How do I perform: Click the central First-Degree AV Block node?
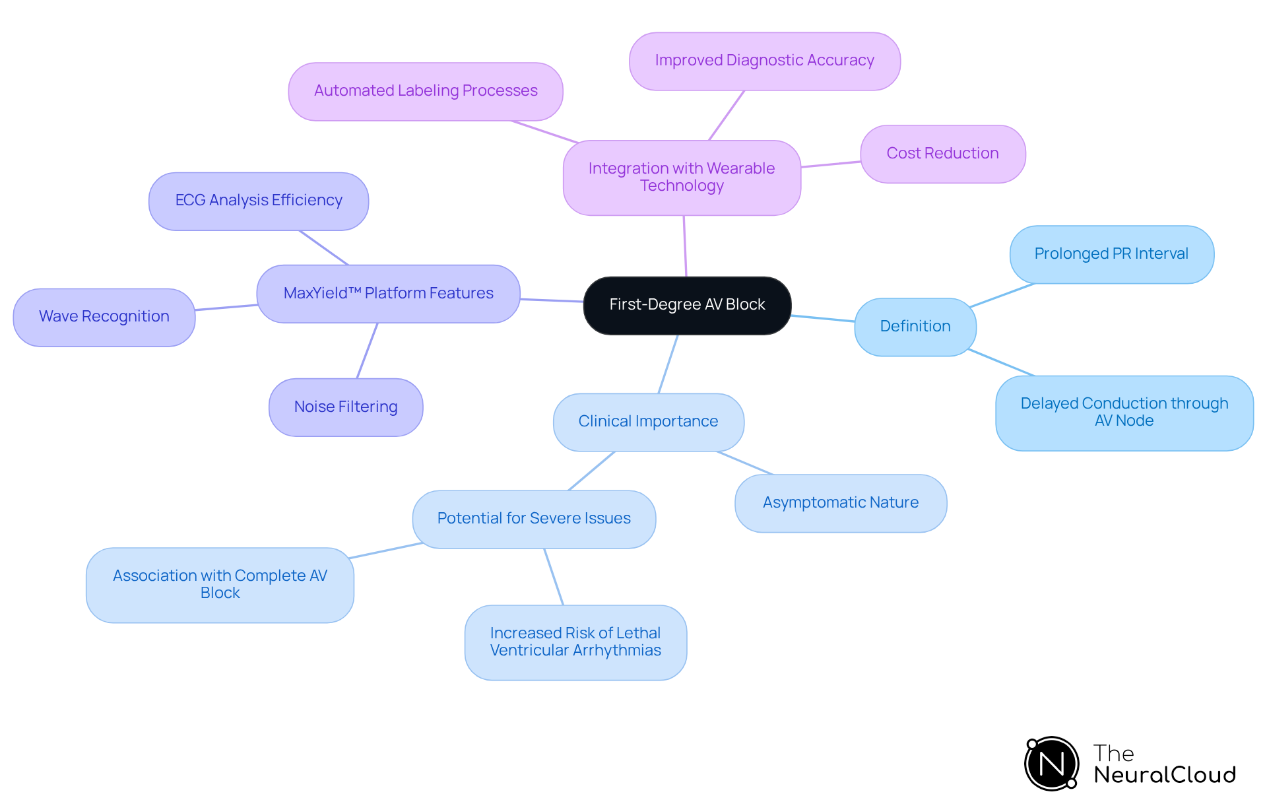687,305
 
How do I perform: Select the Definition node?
915,327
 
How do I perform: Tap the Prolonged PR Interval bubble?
1111,254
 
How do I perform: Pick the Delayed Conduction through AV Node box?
1124,413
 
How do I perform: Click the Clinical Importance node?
648,422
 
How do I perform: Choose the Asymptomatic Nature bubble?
840,503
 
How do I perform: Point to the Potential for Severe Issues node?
533,519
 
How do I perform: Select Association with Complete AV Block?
220,585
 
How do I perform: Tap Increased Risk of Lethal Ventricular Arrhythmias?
575,642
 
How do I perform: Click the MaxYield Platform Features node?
388,294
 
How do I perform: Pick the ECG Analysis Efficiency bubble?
258,201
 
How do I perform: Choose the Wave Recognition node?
104,317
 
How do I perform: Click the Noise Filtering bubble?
345,407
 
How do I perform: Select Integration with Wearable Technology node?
682,178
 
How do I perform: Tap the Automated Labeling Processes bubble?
425,91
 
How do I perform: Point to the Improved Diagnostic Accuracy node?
764,61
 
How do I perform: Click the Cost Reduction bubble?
942,154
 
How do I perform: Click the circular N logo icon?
1051,764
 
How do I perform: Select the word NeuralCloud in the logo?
1164,775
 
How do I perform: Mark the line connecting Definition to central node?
823,319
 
